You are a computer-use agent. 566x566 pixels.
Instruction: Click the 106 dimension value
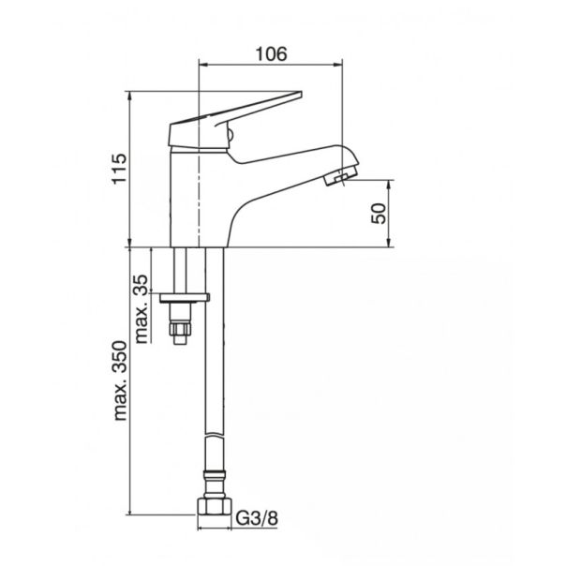[271, 54]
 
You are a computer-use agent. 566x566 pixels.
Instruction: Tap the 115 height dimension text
[120, 169]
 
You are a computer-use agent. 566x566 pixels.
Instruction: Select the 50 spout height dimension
[379, 214]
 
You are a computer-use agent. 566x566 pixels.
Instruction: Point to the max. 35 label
[141, 309]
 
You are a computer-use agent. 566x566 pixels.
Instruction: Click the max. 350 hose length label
[120, 380]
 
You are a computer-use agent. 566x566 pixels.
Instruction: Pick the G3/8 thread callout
[257, 518]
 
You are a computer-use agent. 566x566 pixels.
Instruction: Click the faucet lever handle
[234, 119]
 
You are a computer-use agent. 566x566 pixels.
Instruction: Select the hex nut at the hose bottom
[215, 506]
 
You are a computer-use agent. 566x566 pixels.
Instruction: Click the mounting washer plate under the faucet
[185, 298]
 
